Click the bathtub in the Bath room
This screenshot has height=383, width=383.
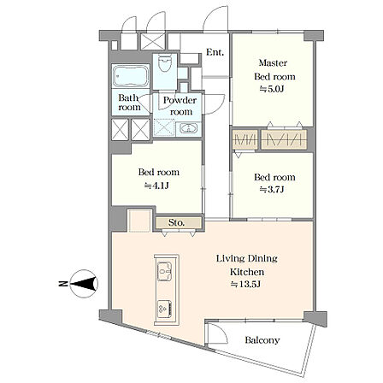[131, 76]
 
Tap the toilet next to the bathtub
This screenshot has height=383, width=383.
[165, 64]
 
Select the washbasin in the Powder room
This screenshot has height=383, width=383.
[188, 128]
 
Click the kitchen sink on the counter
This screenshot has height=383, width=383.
[165, 271]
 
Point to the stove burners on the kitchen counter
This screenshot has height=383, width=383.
[164, 309]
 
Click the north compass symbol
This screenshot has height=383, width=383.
[82, 284]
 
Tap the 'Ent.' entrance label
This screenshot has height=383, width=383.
[215, 52]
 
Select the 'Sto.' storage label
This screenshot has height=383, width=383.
[176, 222]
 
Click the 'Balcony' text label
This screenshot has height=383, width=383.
[262, 340]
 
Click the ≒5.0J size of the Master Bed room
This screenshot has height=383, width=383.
[272, 89]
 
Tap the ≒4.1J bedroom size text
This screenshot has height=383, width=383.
[156, 186]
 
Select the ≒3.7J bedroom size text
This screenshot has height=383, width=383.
[272, 190]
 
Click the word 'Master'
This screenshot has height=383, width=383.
[273, 62]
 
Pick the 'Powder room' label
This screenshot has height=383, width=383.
[180, 106]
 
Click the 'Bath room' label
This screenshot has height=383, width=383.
[129, 103]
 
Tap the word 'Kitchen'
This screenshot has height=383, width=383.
[247, 272]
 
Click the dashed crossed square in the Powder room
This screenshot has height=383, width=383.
[164, 127]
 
